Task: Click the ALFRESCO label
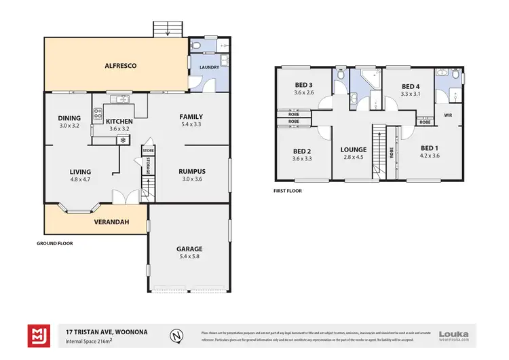[121, 66]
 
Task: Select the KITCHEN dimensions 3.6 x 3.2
[120, 128]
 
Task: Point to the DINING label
[69, 118]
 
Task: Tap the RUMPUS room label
[191, 171]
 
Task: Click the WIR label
[448, 115]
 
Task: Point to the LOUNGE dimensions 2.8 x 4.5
[354, 158]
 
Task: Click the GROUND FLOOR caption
[54, 242]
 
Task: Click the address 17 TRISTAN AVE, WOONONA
[103, 331]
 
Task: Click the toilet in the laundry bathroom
[196, 46]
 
